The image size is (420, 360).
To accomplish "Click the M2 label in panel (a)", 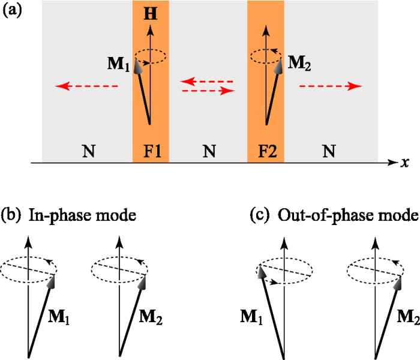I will pyautogui.click(x=297, y=62).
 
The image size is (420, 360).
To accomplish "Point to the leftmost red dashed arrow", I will pyautogui.click(x=87, y=86).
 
